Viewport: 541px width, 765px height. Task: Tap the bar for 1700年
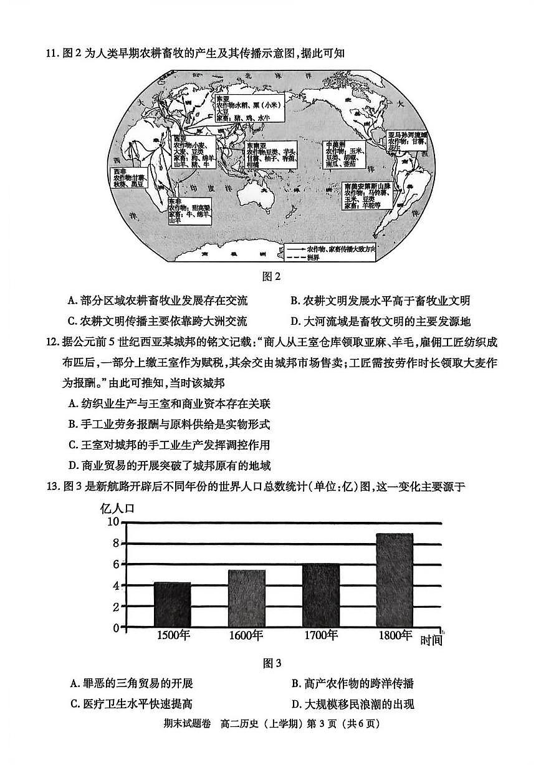tap(321, 596)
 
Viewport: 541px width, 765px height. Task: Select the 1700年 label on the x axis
tap(321, 635)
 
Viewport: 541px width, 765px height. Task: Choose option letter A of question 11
tap(72, 301)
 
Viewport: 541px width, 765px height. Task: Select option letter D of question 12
tap(72, 465)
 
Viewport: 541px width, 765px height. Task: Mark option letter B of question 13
tap(295, 683)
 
